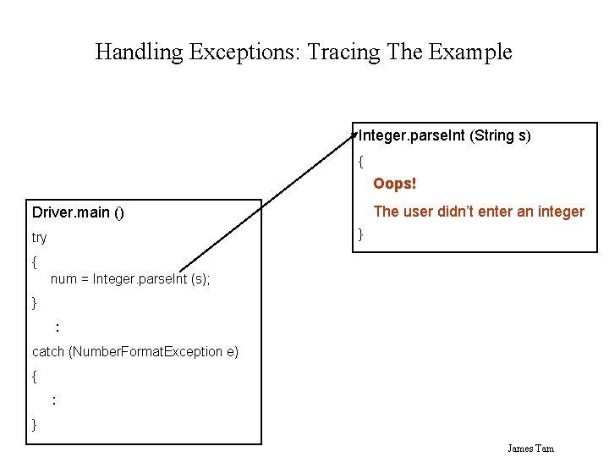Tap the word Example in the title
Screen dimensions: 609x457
[470, 52]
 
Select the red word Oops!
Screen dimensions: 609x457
[395, 184]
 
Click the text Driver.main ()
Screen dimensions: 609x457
[78, 212]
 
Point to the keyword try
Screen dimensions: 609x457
[40, 238]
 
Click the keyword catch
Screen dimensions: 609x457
[48, 351]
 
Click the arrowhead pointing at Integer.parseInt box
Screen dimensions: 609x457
[356, 132]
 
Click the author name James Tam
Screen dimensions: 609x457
[531, 448]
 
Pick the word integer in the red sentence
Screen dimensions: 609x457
[559, 212]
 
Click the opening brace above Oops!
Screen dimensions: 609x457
[361, 160]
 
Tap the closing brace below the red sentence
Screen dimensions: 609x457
[361, 234]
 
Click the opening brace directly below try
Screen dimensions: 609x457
[35, 263]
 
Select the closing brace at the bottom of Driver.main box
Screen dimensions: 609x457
[35, 424]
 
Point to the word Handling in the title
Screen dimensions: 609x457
[139, 52]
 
